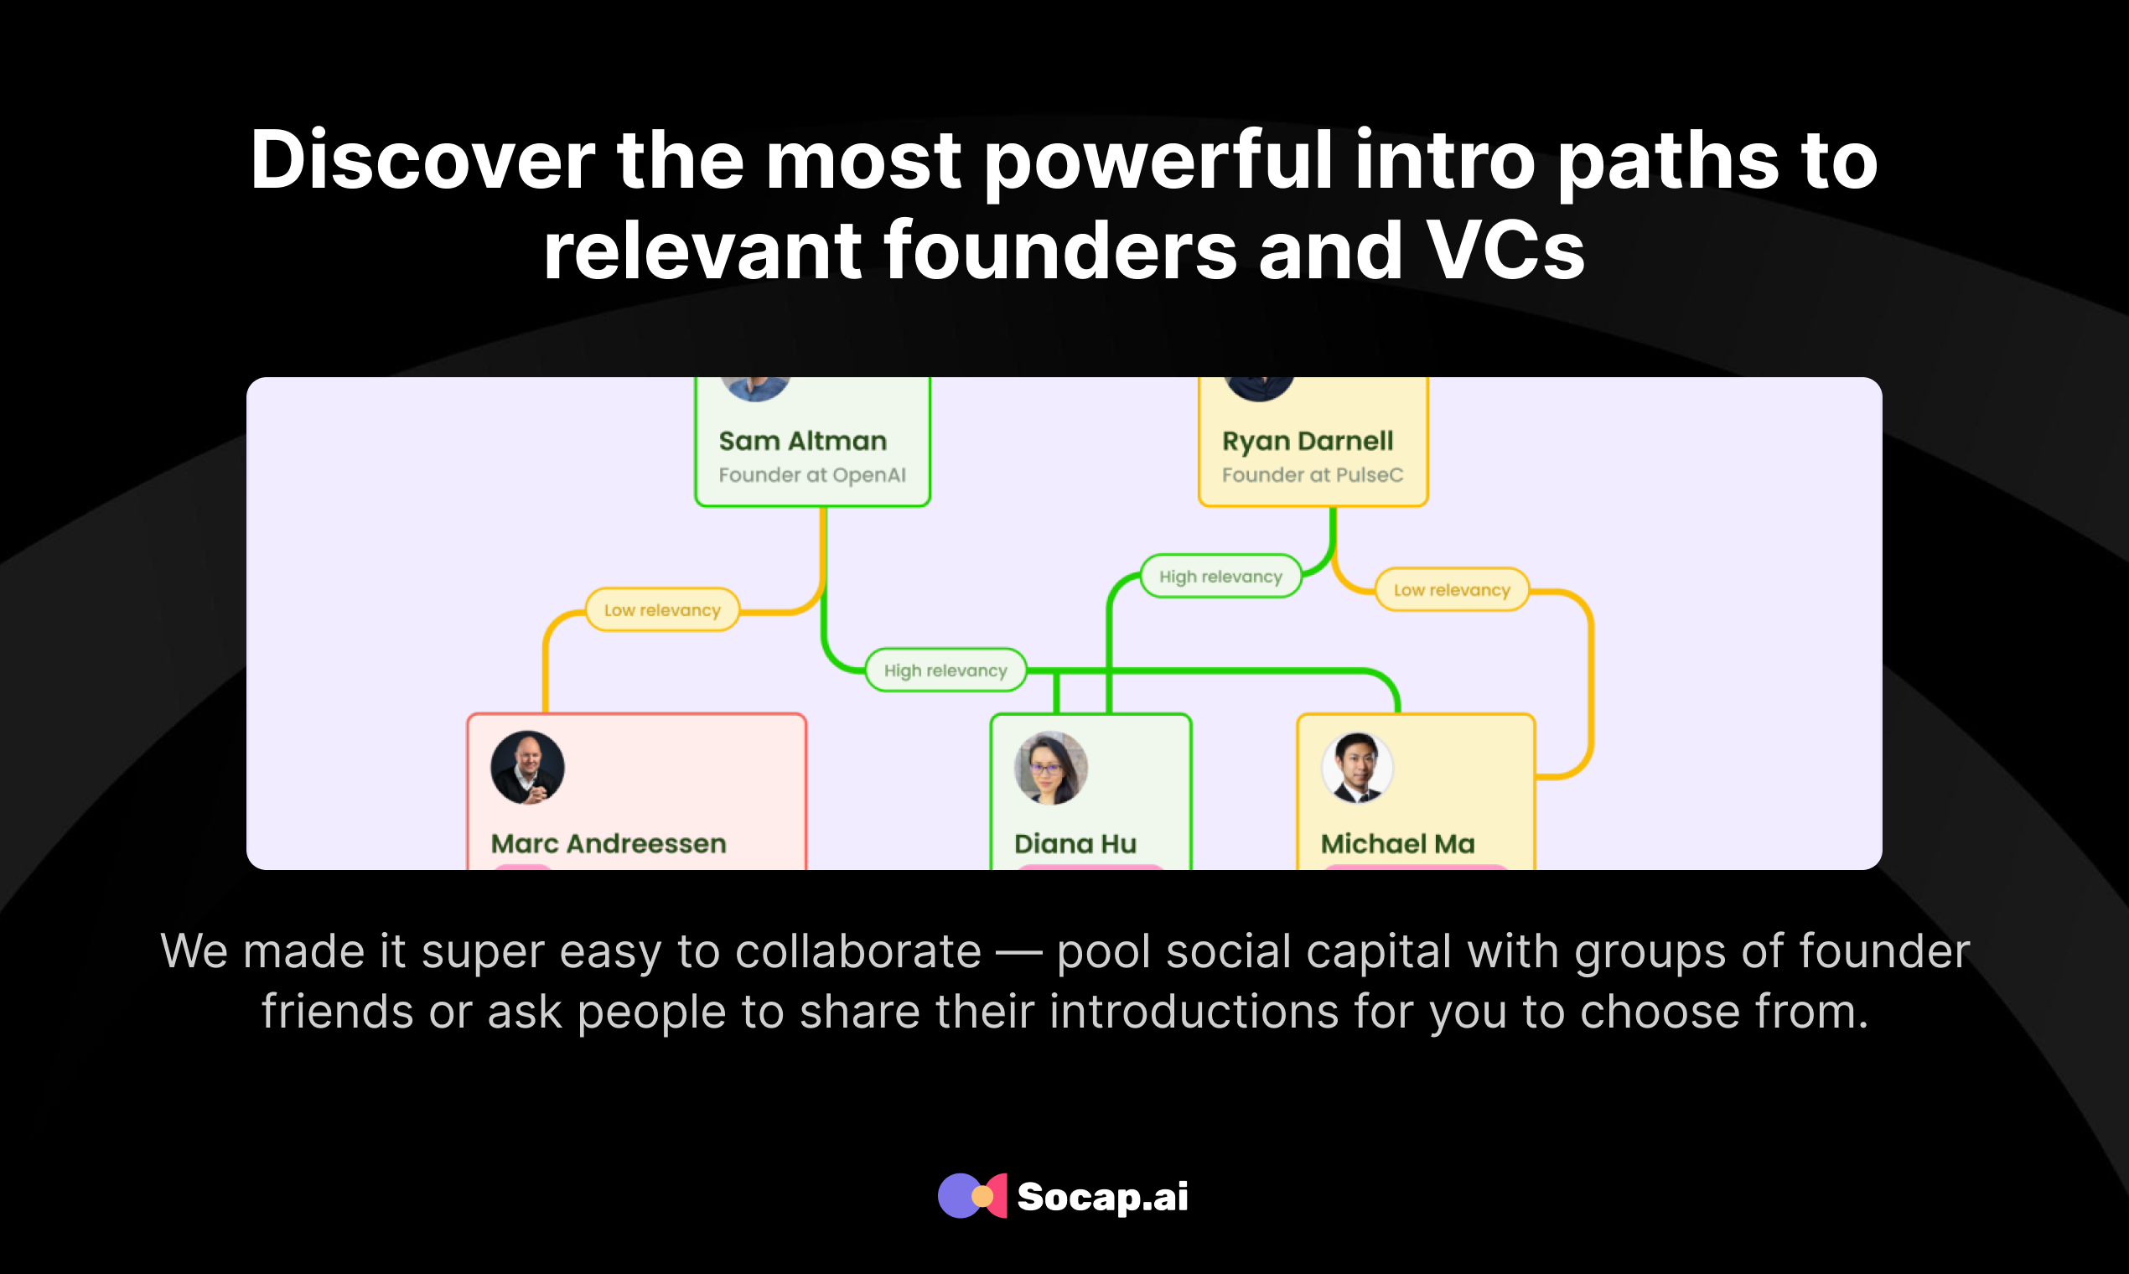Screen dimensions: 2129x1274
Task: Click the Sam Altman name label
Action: [x=803, y=441]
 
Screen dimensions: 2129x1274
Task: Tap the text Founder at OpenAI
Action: [x=812, y=474]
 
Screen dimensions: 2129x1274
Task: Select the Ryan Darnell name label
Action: [x=1308, y=441]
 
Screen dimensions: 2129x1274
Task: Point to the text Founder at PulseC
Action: [x=1313, y=474]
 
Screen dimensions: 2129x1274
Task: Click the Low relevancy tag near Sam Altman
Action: [x=662, y=609]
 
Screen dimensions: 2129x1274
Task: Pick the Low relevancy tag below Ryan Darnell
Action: [x=1452, y=590]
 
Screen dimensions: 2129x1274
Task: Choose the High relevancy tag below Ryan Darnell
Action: [x=1220, y=576]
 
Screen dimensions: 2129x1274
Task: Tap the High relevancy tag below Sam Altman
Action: [x=945, y=671]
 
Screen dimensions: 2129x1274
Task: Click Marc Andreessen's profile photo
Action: [x=527, y=768]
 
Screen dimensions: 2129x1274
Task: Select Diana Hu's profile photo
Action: [x=1051, y=768]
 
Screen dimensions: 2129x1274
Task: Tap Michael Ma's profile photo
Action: [x=1357, y=768]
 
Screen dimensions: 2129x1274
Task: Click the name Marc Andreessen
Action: [x=609, y=844]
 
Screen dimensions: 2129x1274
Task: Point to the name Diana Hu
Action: [x=1075, y=844]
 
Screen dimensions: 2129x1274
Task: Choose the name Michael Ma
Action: [x=1397, y=844]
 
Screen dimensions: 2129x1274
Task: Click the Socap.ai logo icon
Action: [x=971, y=1196]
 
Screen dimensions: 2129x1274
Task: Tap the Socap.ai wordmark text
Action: [x=1103, y=1197]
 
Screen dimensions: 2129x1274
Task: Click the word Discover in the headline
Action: [x=422, y=160]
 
